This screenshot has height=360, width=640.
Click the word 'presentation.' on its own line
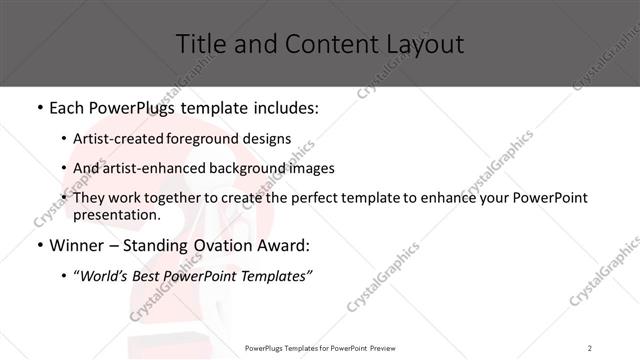click(x=117, y=215)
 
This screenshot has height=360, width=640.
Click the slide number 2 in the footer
click(x=590, y=348)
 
